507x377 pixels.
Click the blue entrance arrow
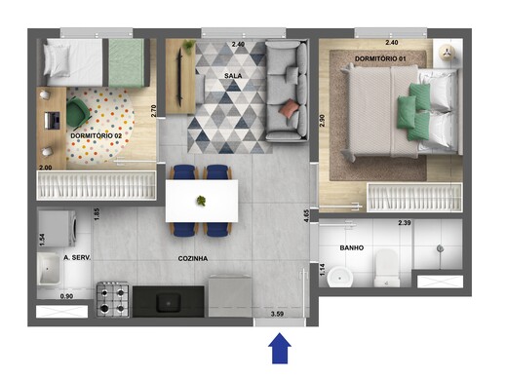coord(281,347)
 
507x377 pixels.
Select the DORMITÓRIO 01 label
coord(381,60)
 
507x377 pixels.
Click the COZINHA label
coord(191,259)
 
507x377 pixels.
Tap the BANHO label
coord(352,247)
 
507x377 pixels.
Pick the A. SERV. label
coord(77,258)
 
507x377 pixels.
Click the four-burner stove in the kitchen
coord(113,298)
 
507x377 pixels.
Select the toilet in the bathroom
coord(387,267)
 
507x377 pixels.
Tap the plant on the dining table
coord(202,201)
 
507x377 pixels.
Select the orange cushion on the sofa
coord(289,108)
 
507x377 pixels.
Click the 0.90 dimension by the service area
coord(66,296)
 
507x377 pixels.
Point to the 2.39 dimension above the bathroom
coord(405,224)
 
